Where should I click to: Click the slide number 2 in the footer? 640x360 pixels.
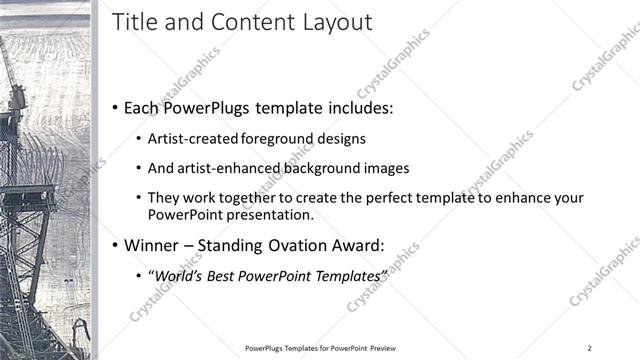[590, 348]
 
